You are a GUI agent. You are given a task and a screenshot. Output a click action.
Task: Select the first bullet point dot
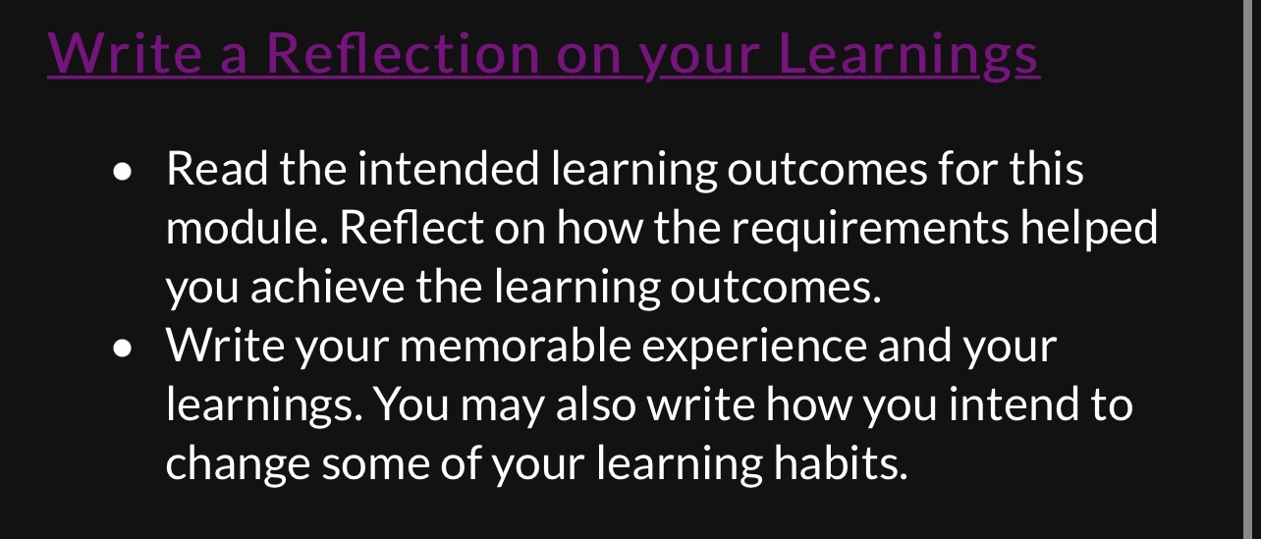122,172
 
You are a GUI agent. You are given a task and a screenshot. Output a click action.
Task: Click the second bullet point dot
122,348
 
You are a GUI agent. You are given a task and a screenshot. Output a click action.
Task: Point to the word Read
216,169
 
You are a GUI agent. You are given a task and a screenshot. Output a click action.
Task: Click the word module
247,228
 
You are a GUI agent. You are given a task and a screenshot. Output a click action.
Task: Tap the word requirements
869,228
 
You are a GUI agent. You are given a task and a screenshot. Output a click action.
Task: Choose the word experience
750,346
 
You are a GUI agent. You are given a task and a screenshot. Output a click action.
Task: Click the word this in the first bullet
1046,169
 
